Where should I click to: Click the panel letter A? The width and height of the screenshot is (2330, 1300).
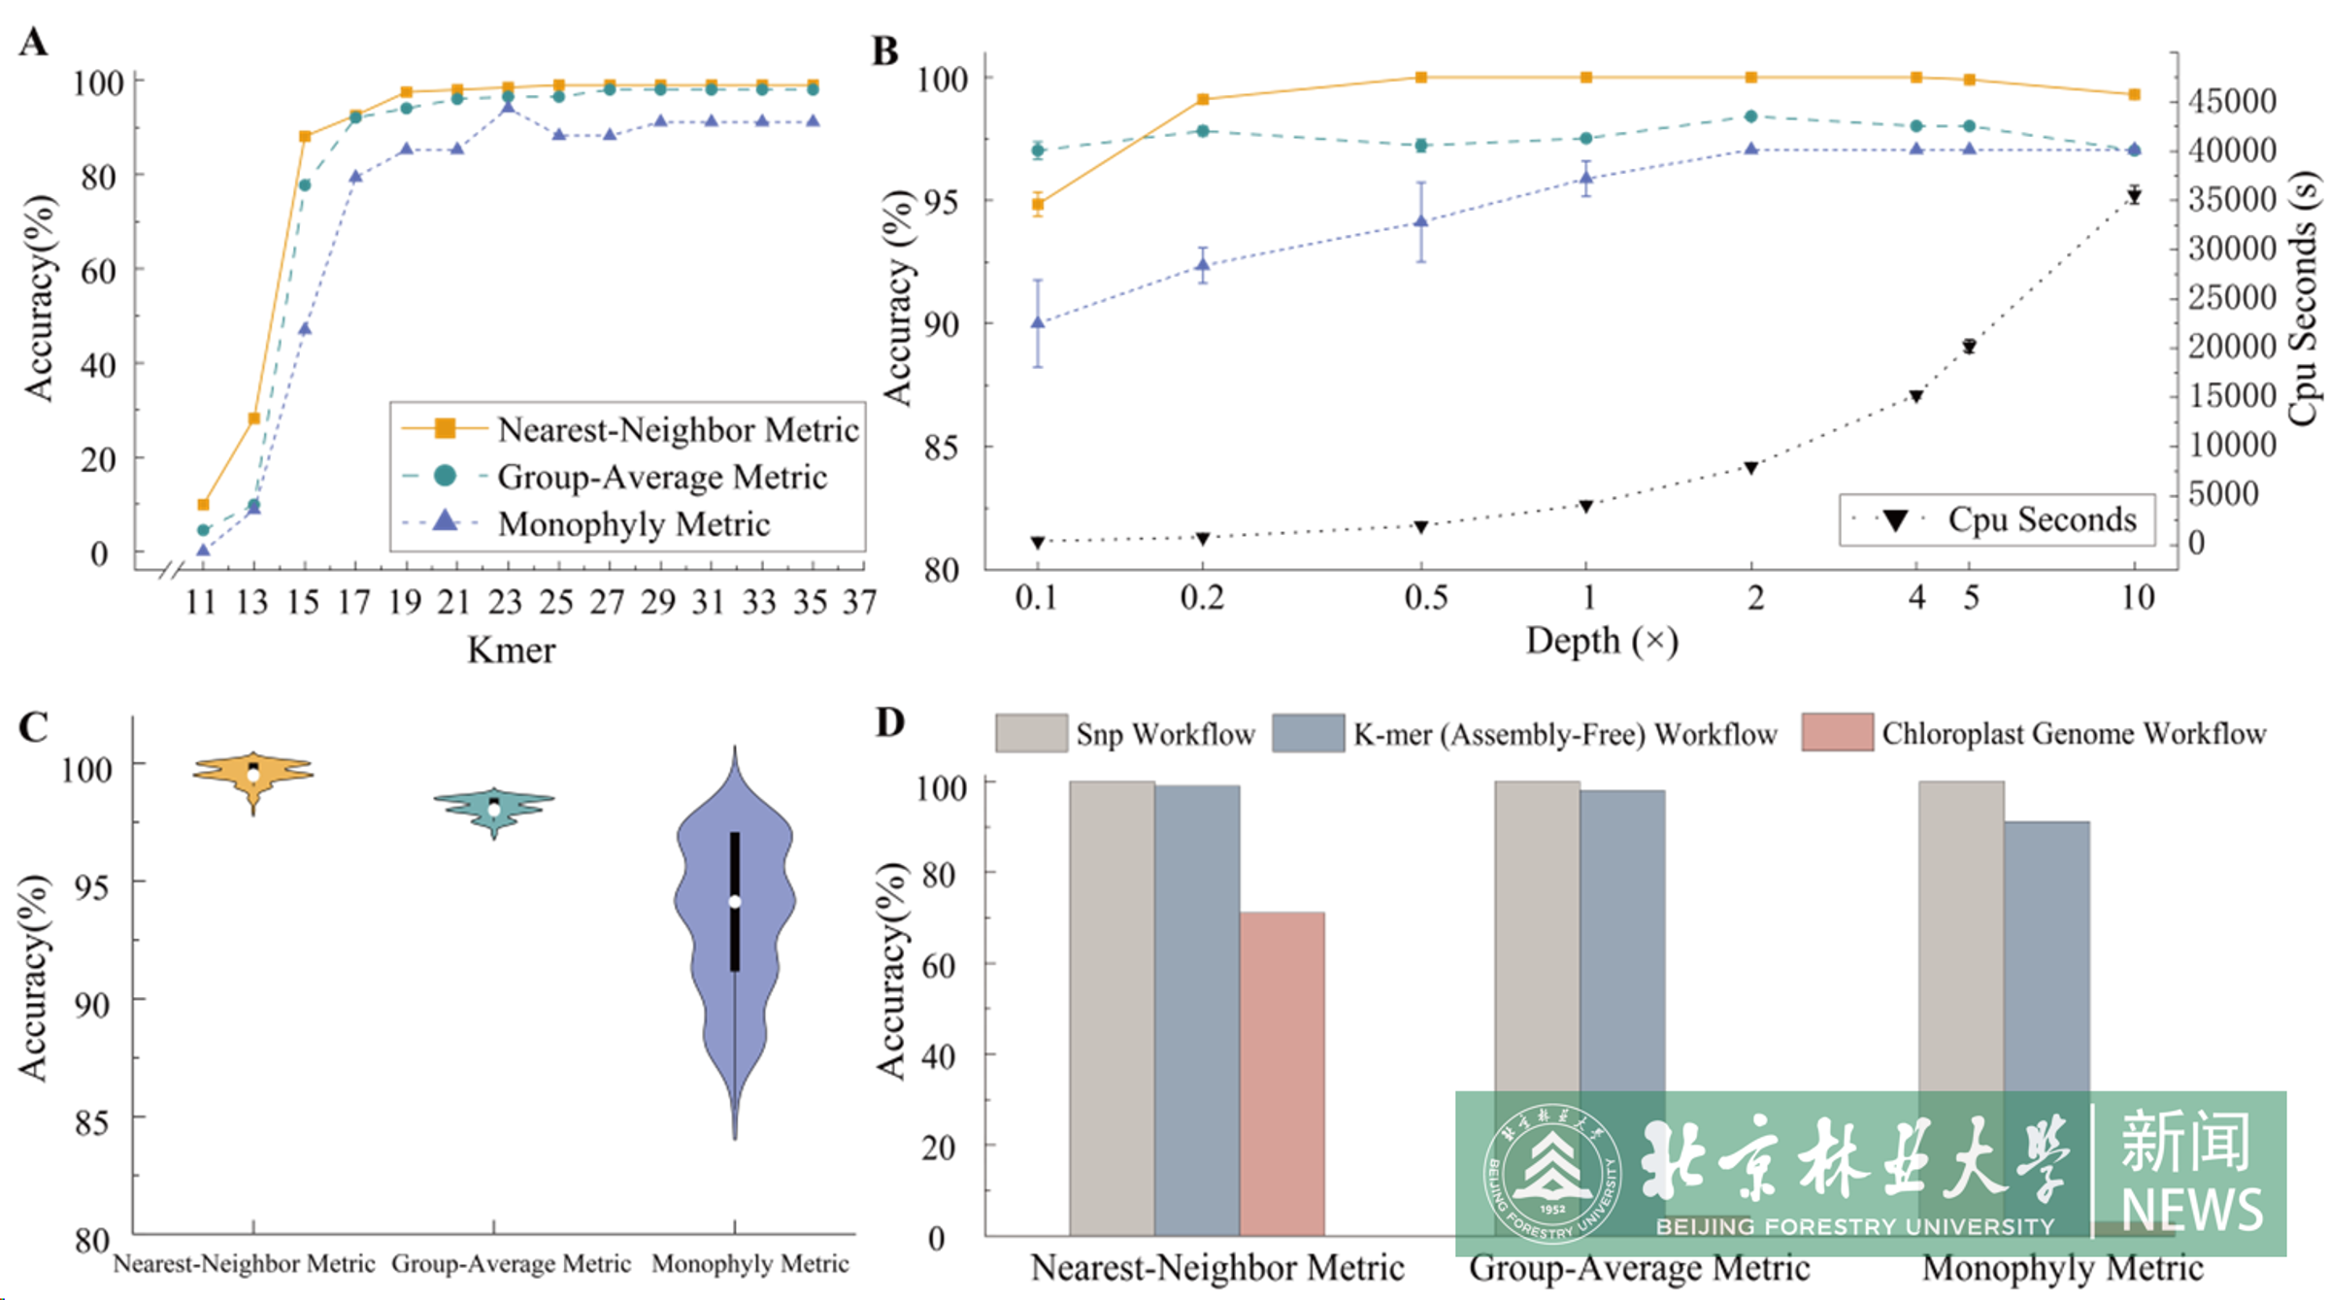tap(33, 43)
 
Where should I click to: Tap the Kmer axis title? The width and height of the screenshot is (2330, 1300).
tap(511, 650)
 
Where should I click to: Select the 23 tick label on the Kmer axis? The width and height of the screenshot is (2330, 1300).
tap(506, 603)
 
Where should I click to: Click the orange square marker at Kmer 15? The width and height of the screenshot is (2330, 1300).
tap(305, 137)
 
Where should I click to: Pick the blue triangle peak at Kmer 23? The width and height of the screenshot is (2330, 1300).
tap(508, 107)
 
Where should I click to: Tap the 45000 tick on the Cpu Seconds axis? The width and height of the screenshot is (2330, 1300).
tap(2231, 100)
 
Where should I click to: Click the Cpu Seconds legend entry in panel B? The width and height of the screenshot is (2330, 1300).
tap(1996, 519)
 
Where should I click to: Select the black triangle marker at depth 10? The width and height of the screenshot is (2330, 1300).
tap(2134, 196)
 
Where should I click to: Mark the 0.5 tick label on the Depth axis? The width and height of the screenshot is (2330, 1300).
tap(1425, 597)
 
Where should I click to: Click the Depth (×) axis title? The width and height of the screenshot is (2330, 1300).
tap(1602, 641)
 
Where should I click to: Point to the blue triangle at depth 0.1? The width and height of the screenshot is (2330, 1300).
tap(1038, 322)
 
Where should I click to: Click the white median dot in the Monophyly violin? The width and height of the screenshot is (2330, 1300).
tap(735, 902)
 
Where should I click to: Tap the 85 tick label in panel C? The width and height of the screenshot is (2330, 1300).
tap(91, 1122)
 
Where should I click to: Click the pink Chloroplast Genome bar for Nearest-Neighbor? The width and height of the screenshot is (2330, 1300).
tap(1281, 1073)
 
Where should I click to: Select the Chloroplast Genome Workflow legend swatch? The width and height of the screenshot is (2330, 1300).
tap(1837, 733)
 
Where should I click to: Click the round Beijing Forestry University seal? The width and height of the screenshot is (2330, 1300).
tap(1551, 1173)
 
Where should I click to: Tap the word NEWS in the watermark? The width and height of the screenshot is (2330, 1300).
tap(2191, 1208)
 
